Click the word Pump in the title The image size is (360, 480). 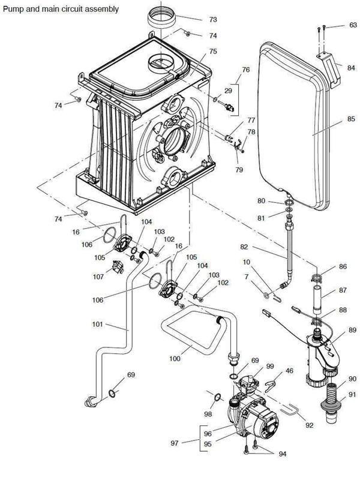(x=14, y=9)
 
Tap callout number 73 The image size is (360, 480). (x=212, y=19)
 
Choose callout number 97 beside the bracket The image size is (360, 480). (x=175, y=442)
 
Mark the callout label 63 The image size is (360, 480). (x=353, y=26)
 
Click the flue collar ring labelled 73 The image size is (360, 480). (x=163, y=18)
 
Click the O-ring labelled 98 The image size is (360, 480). (x=218, y=396)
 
